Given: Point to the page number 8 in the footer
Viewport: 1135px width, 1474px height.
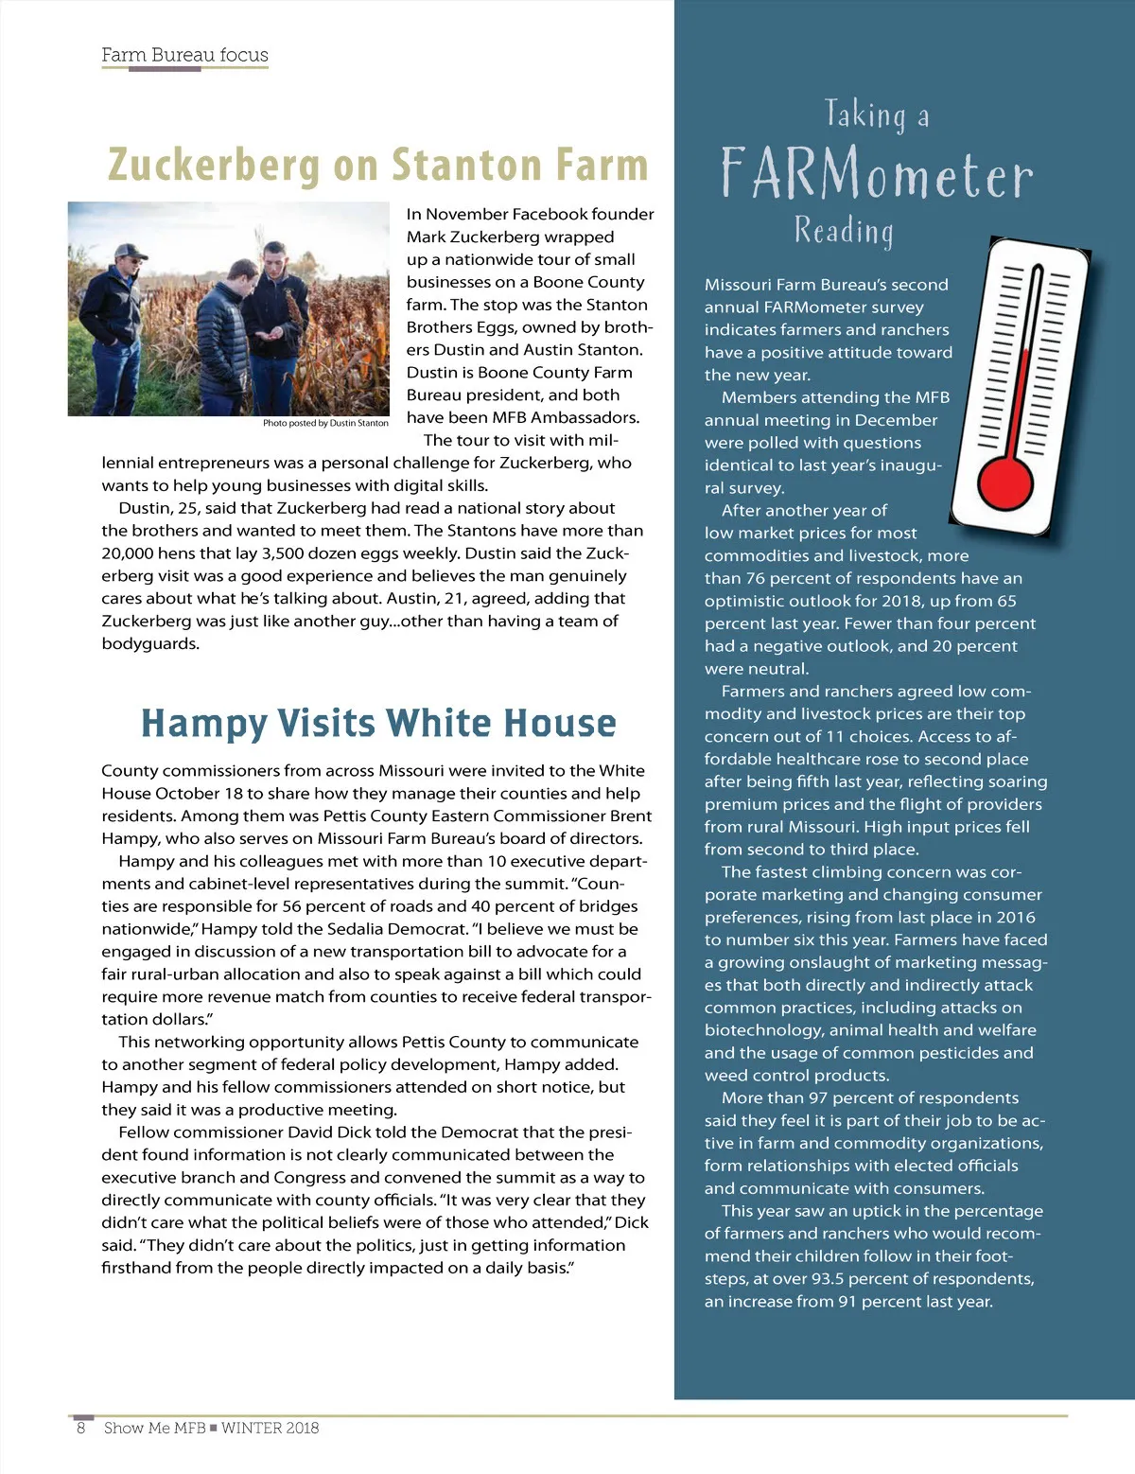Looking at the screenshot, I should [81, 1428].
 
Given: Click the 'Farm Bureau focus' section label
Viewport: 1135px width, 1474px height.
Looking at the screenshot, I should [184, 55].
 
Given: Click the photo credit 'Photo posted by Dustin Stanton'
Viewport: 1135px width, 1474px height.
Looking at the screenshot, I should [325, 423].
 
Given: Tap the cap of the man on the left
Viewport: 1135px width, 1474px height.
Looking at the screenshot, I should [130, 251].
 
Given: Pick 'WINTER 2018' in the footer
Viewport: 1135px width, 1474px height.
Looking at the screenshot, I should [270, 1428].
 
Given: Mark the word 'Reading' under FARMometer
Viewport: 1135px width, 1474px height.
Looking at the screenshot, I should [844, 231].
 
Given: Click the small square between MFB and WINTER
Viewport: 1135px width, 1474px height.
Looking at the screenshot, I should [214, 1428].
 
